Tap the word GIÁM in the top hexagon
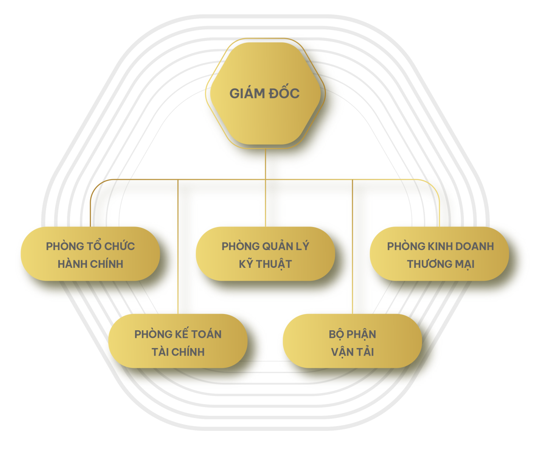pos(246,93)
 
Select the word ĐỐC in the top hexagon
pos(284,93)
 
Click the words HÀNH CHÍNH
pos(90,264)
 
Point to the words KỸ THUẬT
pos(265,264)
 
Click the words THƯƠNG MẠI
pos(440,264)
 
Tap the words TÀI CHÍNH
pos(178,352)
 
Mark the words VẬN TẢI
pos(352,352)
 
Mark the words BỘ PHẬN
pos(352,334)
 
